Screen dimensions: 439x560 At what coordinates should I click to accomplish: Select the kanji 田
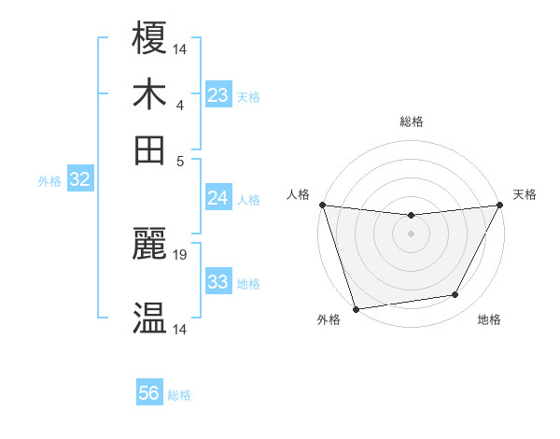pyautogui.click(x=150, y=150)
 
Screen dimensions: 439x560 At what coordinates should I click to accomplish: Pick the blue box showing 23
pyautogui.click(x=218, y=95)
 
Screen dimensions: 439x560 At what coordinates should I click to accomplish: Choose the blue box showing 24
pyautogui.click(x=218, y=198)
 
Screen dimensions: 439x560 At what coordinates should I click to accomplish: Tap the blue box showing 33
pyautogui.click(x=218, y=282)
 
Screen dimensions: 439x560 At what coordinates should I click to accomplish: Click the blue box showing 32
pyautogui.click(x=80, y=180)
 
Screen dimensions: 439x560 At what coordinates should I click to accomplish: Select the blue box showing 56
pyautogui.click(x=149, y=394)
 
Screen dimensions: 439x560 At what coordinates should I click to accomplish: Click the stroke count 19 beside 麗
pyautogui.click(x=181, y=254)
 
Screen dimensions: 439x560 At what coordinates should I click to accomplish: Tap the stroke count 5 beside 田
pyautogui.click(x=180, y=160)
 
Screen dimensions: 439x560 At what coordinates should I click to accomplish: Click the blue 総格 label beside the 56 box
pyautogui.click(x=179, y=395)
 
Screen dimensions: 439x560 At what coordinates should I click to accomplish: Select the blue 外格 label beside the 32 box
pyautogui.click(x=49, y=181)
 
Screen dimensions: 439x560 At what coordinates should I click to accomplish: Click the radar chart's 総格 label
pyautogui.click(x=411, y=121)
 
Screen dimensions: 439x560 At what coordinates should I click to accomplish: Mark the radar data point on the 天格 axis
pyautogui.click(x=500, y=205)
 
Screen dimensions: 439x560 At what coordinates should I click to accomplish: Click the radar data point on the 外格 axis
pyautogui.click(x=357, y=308)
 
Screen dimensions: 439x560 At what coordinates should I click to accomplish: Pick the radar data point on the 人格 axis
pyautogui.click(x=322, y=205)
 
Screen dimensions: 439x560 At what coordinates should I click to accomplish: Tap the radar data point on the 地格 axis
pyautogui.click(x=455, y=295)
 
